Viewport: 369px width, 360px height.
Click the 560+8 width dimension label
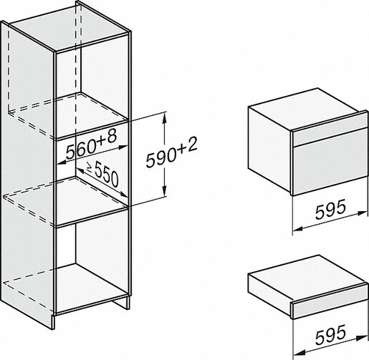(92, 144)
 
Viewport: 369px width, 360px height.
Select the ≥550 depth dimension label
(102, 174)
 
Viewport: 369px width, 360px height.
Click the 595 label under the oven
(330, 209)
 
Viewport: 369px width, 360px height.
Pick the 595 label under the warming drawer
(330, 335)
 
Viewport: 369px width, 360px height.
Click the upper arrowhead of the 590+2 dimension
(164, 119)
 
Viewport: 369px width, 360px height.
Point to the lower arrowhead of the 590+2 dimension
(164, 192)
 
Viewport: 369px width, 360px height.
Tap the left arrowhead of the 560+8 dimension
(62, 162)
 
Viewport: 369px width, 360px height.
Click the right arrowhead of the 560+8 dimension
(123, 147)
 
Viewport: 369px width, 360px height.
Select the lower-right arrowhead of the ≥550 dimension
(123, 194)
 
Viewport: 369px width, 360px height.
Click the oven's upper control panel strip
(330, 135)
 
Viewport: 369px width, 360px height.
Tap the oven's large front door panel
(330, 167)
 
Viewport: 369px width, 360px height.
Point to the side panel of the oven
(269, 149)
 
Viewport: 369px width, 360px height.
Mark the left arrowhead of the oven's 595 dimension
(298, 229)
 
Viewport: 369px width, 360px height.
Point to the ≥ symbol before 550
(90, 167)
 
